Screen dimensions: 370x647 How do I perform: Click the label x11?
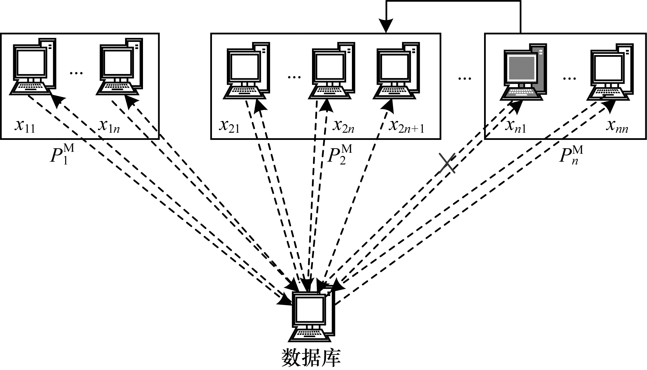coord(25,126)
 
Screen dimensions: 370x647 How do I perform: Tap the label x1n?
coord(109,126)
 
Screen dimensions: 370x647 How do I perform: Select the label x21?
coord(229,126)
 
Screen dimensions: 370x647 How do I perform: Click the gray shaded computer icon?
coord(524,73)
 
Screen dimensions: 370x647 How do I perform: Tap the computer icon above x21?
coord(247,71)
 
